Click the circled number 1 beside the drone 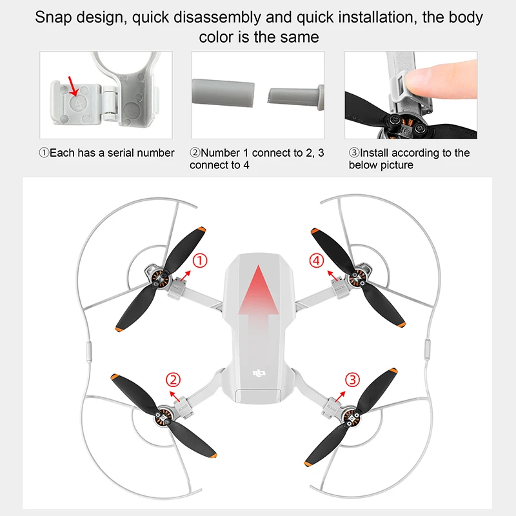coord(201,261)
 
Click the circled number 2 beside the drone coord(172,380)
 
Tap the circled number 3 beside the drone coord(352,380)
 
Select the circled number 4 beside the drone coord(315,261)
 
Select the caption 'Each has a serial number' coord(107,153)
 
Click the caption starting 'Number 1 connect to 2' coord(257,159)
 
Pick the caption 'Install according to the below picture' coord(409,159)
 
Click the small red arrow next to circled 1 coord(186,274)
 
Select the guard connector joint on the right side coord(426,349)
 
